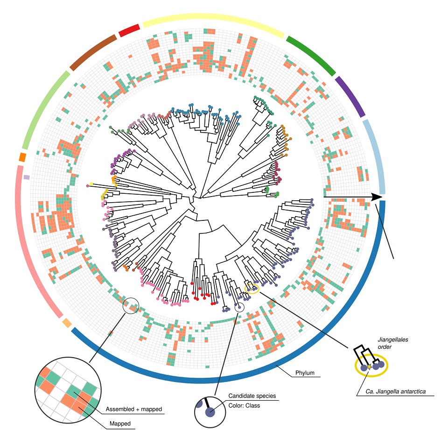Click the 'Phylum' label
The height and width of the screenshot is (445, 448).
click(x=305, y=373)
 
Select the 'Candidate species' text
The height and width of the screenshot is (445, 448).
click(x=252, y=396)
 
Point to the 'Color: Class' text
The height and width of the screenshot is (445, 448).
click(x=244, y=405)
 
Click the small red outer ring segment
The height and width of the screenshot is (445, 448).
click(x=129, y=30)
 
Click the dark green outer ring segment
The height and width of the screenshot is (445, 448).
click(x=311, y=55)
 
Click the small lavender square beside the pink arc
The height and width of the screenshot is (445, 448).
click(x=27, y=177)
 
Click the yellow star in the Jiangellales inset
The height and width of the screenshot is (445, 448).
click(x=369, y=367)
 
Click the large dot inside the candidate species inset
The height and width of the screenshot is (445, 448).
click(x=211, y=412)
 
